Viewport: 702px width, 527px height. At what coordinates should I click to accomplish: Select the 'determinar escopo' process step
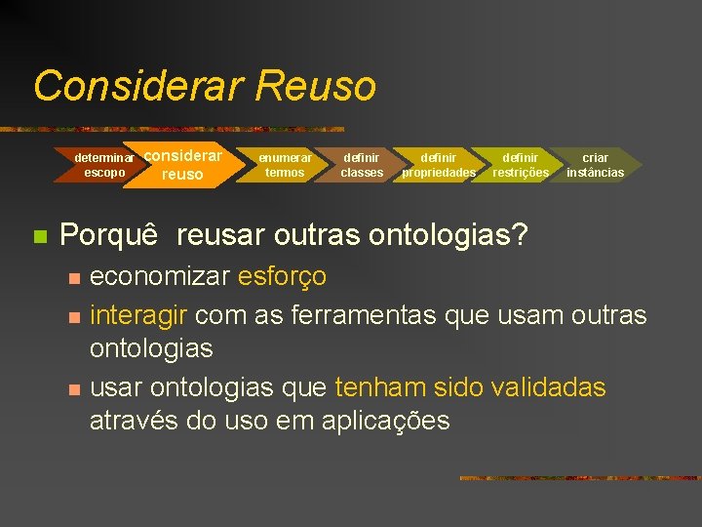click(104, 165)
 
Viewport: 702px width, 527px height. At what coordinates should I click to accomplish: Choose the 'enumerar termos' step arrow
click(285, 165)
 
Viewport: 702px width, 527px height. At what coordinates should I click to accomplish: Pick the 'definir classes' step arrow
click(362, 165)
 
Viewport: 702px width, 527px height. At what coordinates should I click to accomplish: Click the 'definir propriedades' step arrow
click(439, 165)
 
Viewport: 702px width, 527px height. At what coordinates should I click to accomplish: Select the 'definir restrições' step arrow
click(520, 165)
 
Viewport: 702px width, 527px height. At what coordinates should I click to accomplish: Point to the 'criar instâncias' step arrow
click(595, 165)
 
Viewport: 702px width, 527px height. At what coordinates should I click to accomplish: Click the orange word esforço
click(282, 276)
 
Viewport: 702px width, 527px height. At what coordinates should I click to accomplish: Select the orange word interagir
click(141, 315)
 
